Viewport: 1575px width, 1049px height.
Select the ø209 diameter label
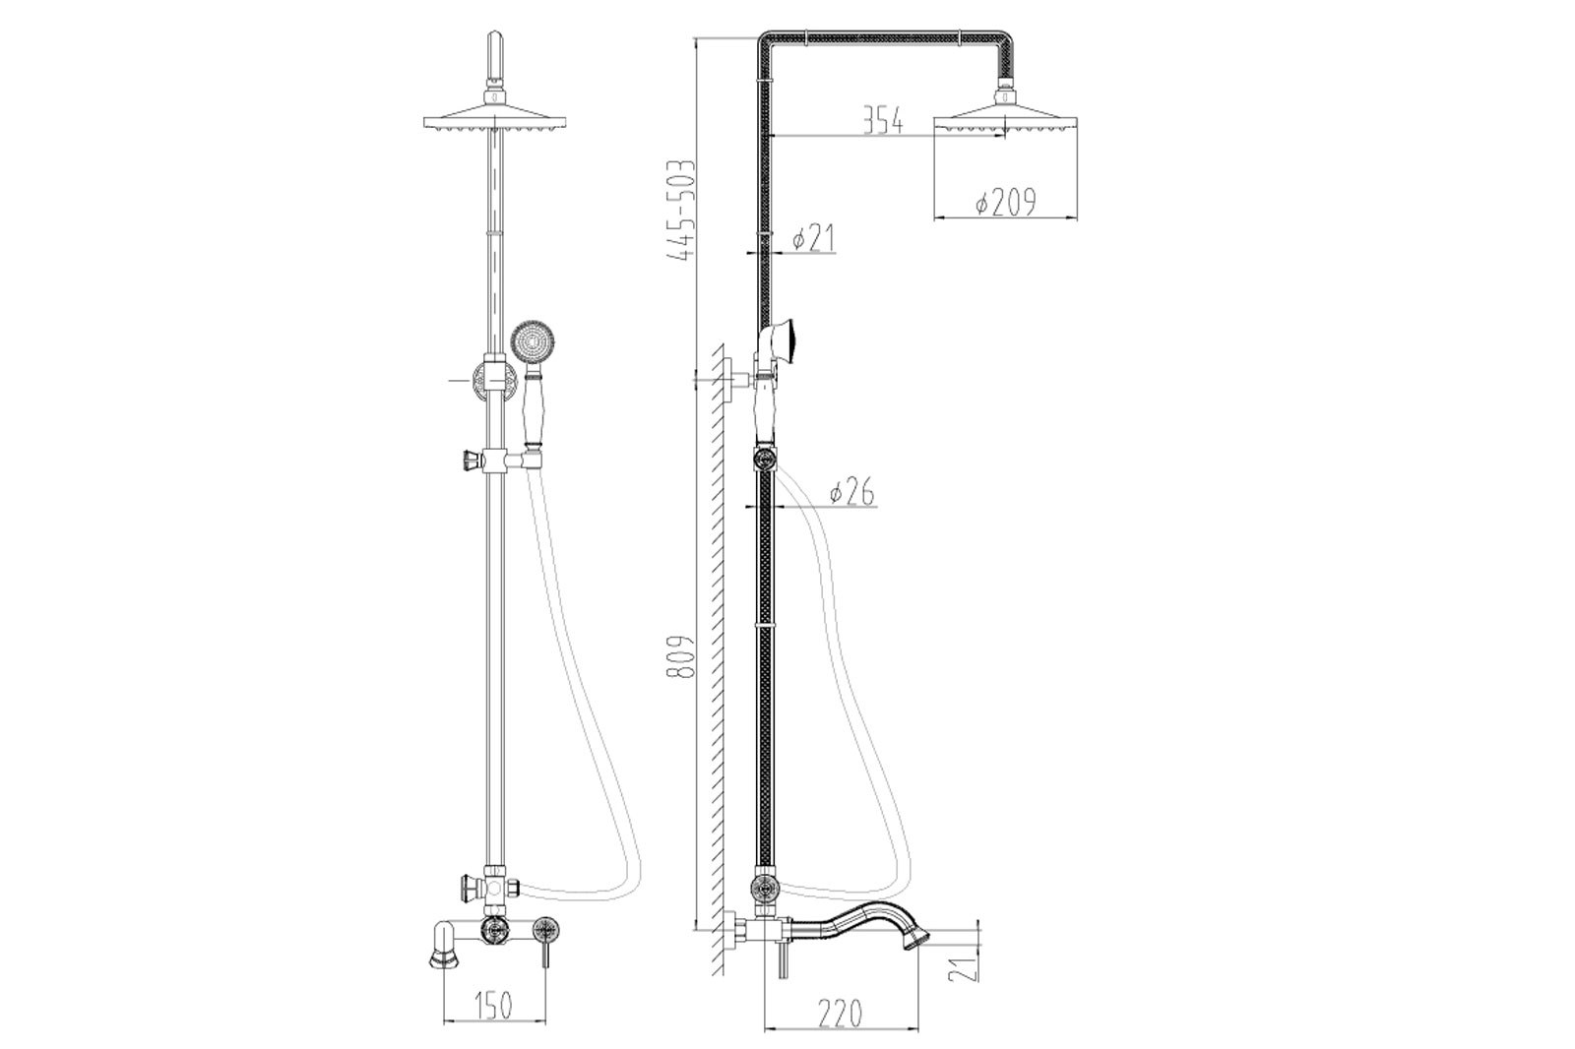pyautogui.click(x=1005, y=203)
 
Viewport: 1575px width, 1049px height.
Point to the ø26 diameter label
pyautogui.click(x=852, y=491)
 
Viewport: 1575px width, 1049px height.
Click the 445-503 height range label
pyautogui.click(x=680, y=211)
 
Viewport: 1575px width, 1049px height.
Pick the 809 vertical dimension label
pyautogui.click(x=680, y=656)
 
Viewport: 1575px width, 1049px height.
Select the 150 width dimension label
pyautogui.click(x=492, y=1006)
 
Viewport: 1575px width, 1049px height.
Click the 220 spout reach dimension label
pyautogui.click(x=840, y=1014)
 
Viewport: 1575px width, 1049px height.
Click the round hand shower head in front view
pyautogui.click(x=532, y=343)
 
